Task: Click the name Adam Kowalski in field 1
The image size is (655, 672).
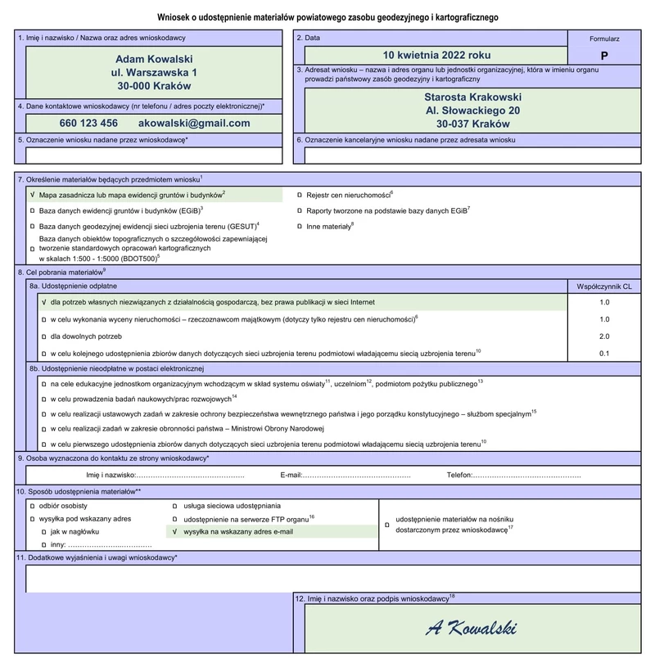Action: (154, 60)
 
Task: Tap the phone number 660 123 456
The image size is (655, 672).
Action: (88, 123)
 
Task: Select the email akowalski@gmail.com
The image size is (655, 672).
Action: (194, 123)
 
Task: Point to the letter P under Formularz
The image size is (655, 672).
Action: (604, 56)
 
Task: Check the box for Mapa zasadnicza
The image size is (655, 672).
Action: (32, 196)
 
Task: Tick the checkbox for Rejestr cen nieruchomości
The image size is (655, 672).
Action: (299, 196)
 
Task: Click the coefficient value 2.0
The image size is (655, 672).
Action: (604, 336)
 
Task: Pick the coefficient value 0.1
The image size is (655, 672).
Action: (604, 353)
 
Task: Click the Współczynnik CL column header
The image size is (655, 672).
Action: (604, 286)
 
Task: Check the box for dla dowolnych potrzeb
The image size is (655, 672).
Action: (44, 336)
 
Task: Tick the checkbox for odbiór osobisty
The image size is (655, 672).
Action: (32, 506)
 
